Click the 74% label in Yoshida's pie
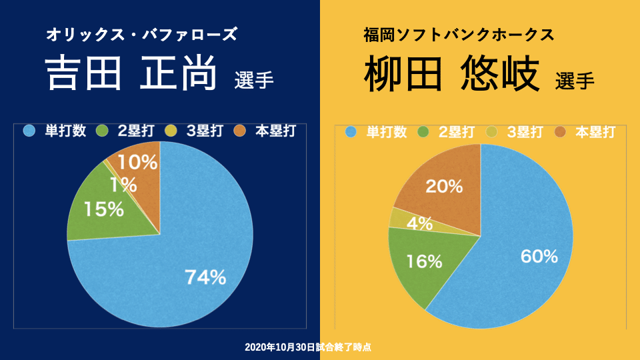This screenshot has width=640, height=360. tap(205, 277)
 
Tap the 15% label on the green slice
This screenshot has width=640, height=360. tap(103, 209)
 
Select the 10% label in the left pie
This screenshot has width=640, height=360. tap(137, 161)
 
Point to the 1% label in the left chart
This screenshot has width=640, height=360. tap(124, 184)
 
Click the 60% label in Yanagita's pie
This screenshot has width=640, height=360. tap(537, 256)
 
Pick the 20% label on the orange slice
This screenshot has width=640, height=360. tap(444, 187)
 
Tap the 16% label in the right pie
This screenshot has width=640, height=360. tap(424, 261)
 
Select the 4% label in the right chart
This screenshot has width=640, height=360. tap(420, 223)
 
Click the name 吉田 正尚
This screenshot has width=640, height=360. tap(131, 73)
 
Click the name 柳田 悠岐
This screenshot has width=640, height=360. tap(451, 75)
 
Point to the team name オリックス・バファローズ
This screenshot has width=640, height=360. tap(141, 35)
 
